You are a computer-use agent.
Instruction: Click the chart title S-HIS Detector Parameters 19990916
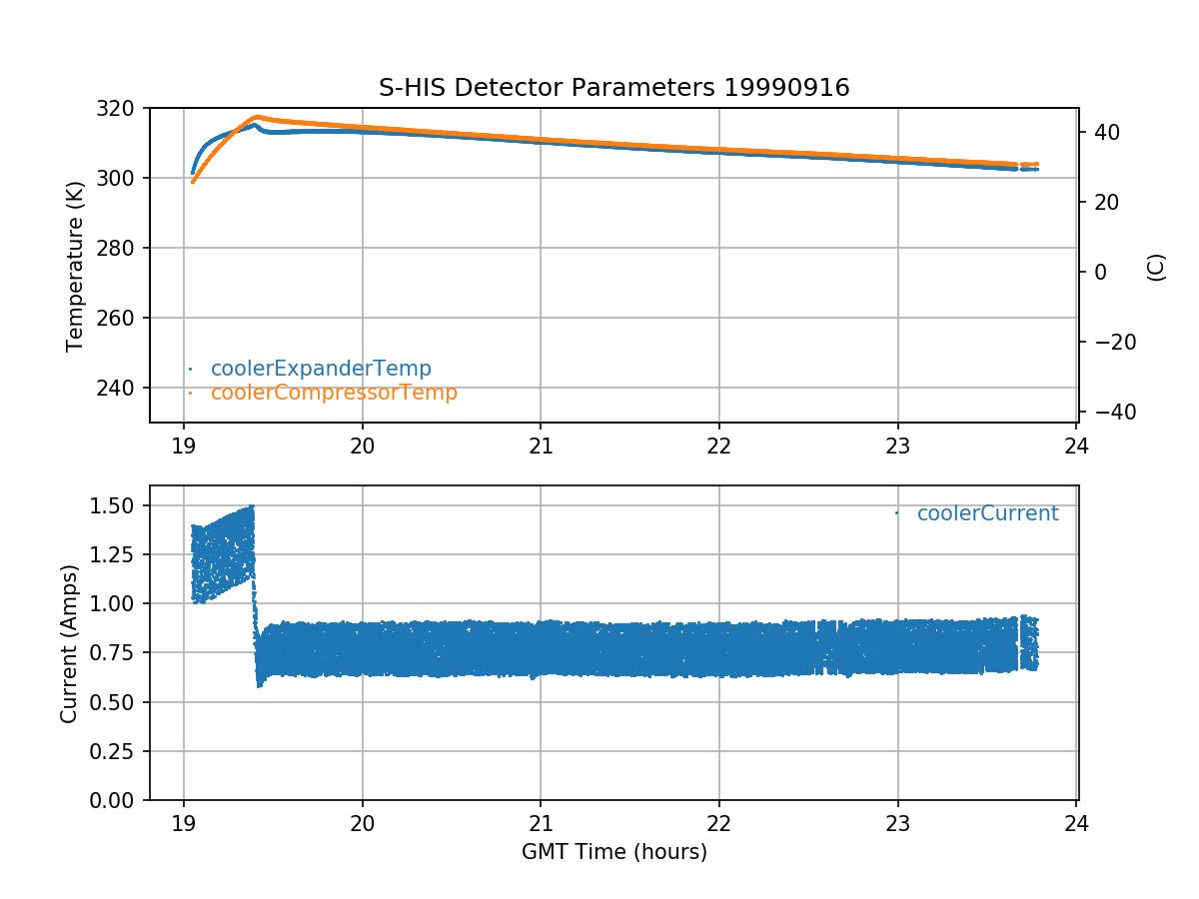(613, 88)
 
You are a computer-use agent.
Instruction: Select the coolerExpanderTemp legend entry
(320, 369)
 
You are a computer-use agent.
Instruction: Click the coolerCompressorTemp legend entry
(334, 393)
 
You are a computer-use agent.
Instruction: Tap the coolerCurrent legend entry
(987, 513)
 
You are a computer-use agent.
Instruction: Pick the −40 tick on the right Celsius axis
(1109, 413)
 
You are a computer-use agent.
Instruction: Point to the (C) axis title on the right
(1156, 267)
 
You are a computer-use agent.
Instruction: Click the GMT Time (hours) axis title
(613, 852)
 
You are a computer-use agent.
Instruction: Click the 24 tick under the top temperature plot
(1076, 446)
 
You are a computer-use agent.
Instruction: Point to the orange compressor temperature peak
(257, 117)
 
